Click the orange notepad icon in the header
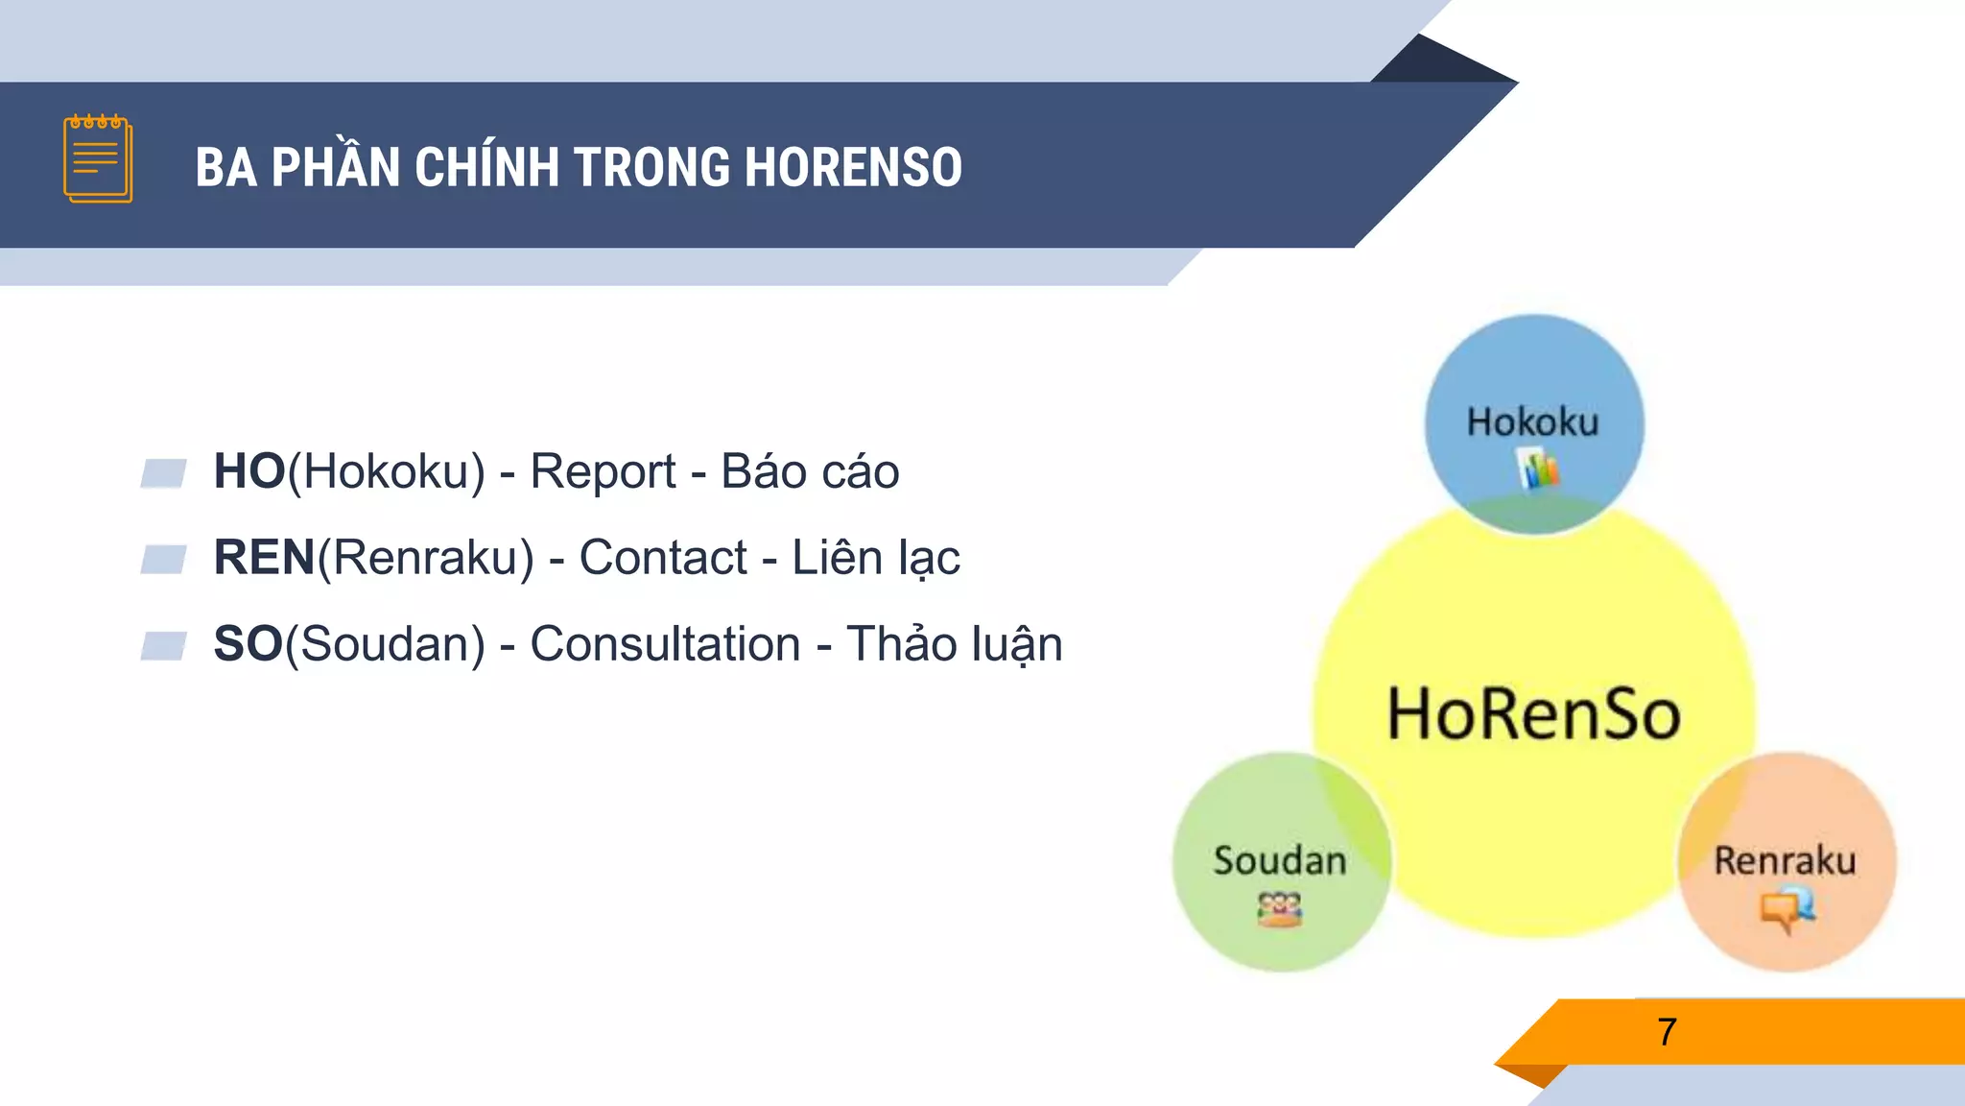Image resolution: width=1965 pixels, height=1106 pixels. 98,159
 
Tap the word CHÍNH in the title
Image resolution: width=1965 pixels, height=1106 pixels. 486,167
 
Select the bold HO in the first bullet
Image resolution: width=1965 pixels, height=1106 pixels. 249,471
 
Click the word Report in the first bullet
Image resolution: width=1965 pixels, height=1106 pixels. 603,471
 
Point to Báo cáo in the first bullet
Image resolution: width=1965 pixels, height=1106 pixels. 810,471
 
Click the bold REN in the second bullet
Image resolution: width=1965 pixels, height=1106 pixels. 265,558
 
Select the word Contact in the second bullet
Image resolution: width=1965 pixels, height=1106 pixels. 663,558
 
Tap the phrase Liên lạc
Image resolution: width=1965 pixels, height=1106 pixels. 875,558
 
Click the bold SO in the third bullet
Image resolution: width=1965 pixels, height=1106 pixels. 249,644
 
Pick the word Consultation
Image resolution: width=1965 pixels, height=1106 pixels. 665,644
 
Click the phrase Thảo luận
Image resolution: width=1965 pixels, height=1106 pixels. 954,644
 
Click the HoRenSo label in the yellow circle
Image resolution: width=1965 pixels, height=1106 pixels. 1533,715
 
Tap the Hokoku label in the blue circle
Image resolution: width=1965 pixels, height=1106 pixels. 1532,422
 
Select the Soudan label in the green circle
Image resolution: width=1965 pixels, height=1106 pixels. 1280,861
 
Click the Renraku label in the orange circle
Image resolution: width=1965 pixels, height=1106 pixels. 1785,861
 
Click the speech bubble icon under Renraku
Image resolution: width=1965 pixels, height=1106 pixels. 1787,908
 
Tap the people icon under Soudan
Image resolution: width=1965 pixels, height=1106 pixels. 1280,908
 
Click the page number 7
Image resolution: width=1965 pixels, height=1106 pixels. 1667,1032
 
